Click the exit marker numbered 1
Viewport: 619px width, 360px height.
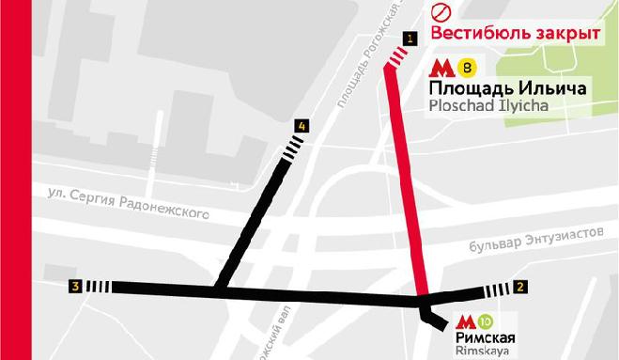point(409,38)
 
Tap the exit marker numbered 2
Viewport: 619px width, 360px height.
point(520,286)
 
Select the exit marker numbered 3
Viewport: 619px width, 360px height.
point(74,286)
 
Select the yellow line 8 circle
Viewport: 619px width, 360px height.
point(468,68)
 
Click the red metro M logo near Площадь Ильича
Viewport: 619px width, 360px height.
point(442,68)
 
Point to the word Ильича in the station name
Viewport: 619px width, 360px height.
point(554,88)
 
